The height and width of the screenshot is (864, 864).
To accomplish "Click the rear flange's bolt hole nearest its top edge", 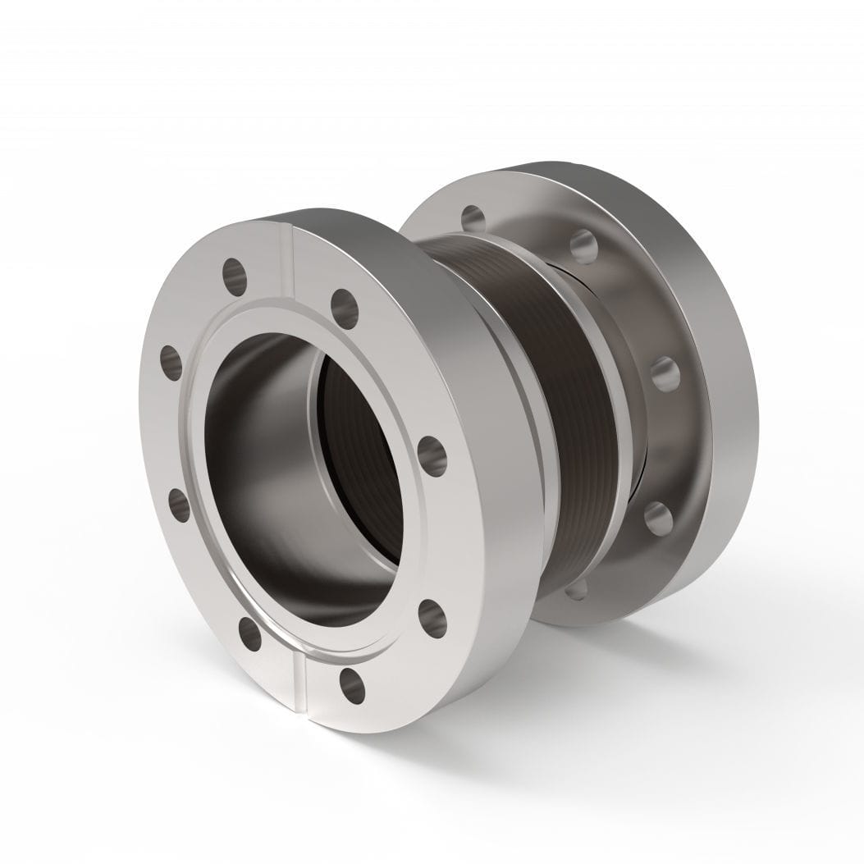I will tap(583, 243).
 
